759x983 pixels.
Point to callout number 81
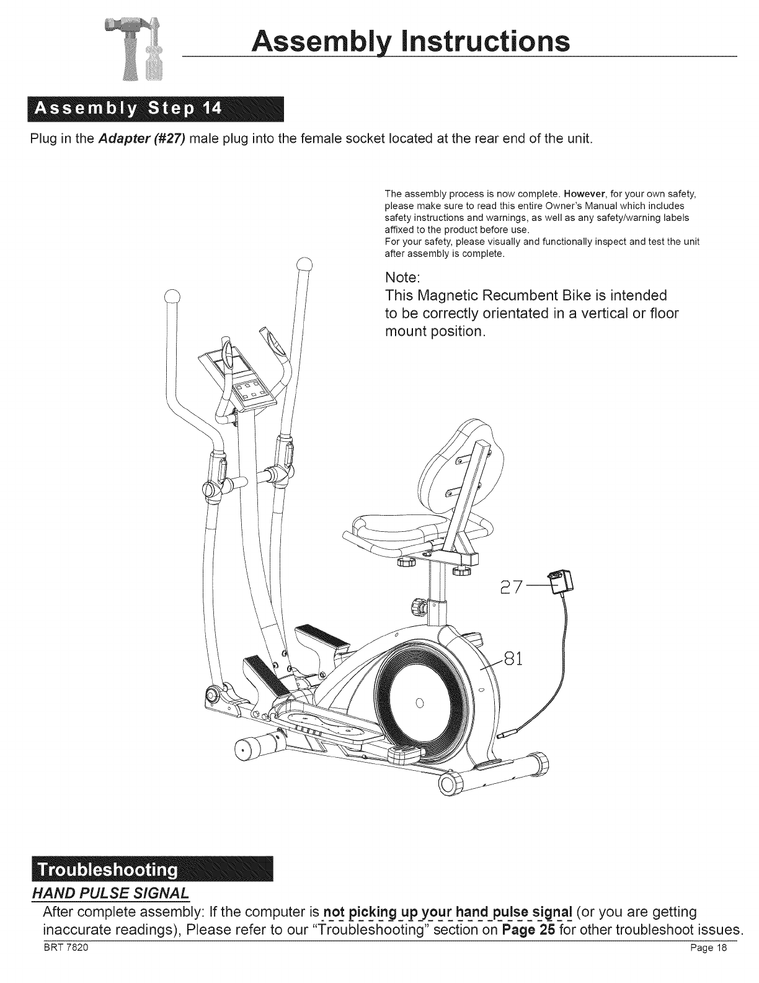click(512, 657)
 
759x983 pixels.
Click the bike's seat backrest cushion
click(458, 460)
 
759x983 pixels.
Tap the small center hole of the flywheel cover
click(419, 702)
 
